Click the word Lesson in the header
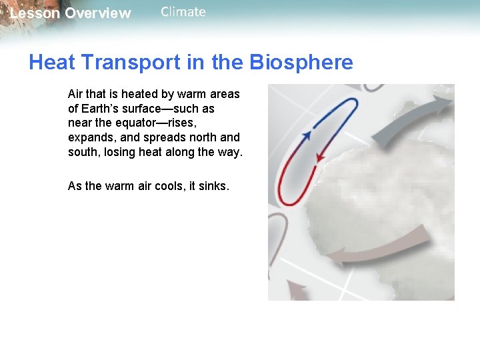click(35, 13)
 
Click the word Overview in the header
click(98, 13)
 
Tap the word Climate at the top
click(183, 12)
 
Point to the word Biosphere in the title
click(301, 63)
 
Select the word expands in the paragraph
click(89, 137)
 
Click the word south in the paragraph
click(83, 152)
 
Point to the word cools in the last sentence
click(169, 186)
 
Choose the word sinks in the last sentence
click(213, 186)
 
